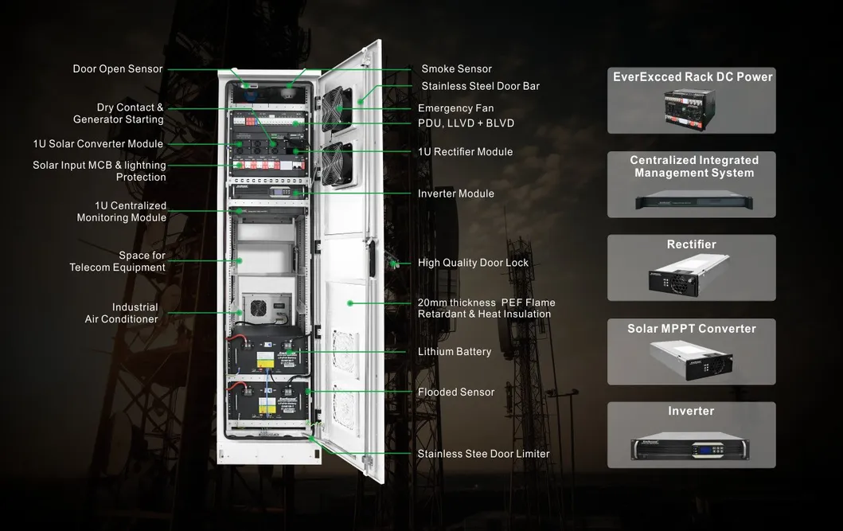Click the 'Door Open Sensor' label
coord(118,69)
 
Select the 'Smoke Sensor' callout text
coord(456,69)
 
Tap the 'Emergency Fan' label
coord(455,108)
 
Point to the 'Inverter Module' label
coord(455,193)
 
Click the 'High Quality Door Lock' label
coord(473,263)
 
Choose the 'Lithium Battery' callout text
coord(454,352)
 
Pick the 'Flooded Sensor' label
coord(455,392)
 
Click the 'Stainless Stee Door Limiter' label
coord(483,454)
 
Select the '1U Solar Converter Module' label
coord(98,144)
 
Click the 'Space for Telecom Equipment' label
coord(118,261)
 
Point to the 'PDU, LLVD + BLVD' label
coord(466,123)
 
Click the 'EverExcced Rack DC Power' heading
coord(693,77)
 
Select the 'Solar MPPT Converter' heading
coord(691,329)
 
